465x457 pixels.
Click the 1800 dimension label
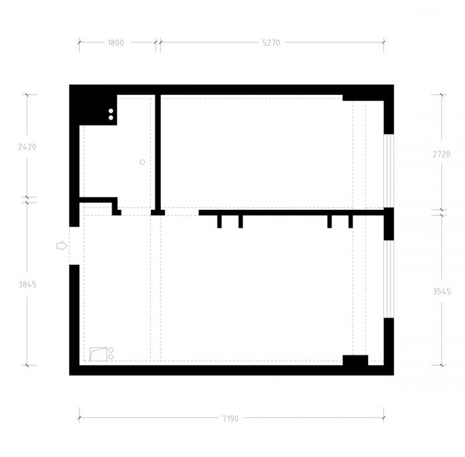[116, 43]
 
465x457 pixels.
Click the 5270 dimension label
[271, 43]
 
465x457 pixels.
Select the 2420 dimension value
[27, 147]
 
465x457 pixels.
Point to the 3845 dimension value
[27, 284]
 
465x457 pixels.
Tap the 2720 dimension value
[441, 154]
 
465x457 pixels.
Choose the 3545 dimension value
[441, 290]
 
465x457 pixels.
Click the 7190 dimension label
[231, 418]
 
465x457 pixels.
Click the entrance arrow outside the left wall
[61, 246]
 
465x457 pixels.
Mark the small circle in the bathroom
[142, 162]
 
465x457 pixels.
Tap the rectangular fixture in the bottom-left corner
[98, 353]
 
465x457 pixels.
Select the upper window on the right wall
[389, 171]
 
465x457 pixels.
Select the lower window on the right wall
[389, 279]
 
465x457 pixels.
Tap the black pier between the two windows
[389, 225]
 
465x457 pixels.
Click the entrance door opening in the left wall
[74, 246]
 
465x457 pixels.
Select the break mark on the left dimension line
[27, 199]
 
